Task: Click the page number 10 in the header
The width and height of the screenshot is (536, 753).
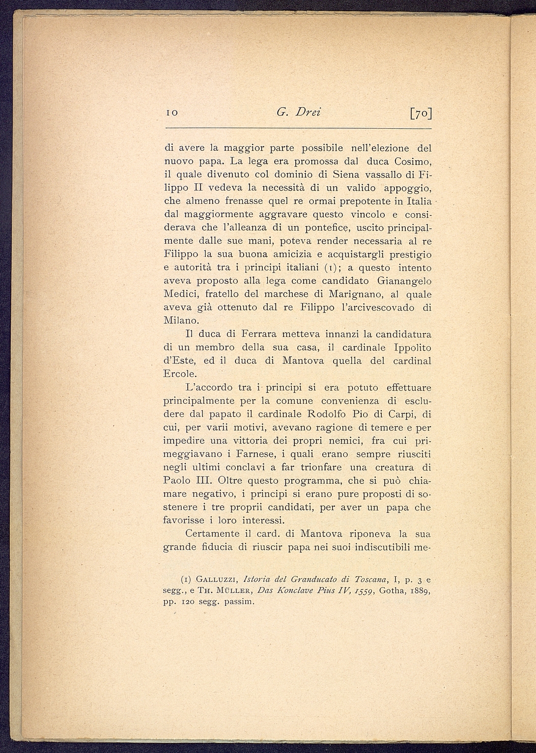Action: point(171,113)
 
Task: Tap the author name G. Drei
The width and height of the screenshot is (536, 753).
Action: point(299,112)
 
